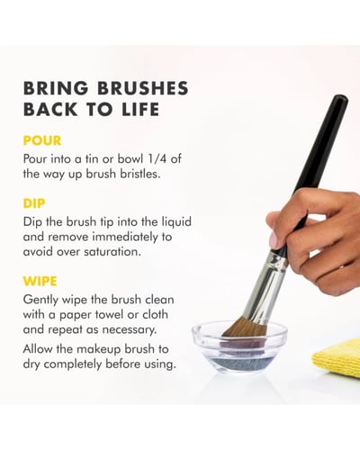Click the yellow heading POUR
pyautogui.click(x=42, y=140)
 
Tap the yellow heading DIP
pyautogui.click(x=34, y=203)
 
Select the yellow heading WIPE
pyautogui.click(x=40, y=281)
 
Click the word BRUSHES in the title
pyautogui.click(x=143, y=88)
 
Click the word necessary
pyautogui.click(x=130, y=329)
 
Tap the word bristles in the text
pyautogui.click(x=140, y=174)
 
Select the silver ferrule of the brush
pyautogui.click(x=265, y=288)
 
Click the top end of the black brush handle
pyautogui.click(x=341, y=98)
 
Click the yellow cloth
pyautogui.click(x=337, y=357)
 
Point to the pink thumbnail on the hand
pyautogui.click(x=274, y=241)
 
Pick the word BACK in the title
pyautogui.click(x=50, y=109)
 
